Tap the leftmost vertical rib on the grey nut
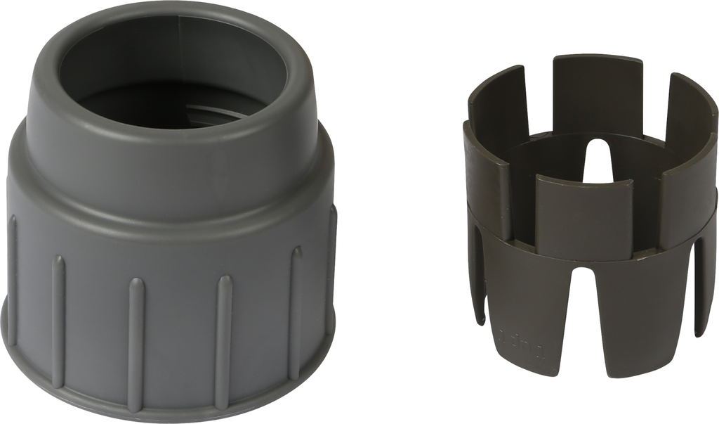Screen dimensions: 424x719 [12, 281]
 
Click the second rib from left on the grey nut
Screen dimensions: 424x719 [58, 320]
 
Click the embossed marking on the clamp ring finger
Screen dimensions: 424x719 [522, 340]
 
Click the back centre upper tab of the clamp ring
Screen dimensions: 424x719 [597, 91]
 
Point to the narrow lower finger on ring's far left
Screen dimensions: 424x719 [477, 281]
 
